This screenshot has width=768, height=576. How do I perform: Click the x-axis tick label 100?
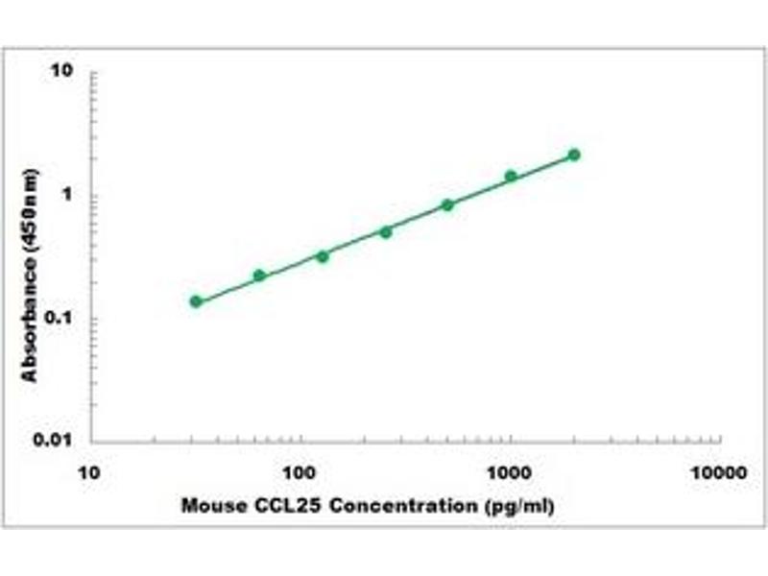tap(301, 473)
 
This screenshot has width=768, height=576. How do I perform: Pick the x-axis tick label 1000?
tap(511, 473)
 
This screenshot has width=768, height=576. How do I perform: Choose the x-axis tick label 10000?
tap(719, 473)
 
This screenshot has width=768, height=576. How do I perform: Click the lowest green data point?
tap(196, 301)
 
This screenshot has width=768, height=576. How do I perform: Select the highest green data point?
tap(574, 155)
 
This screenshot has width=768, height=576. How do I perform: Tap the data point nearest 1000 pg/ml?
tap(511, 176)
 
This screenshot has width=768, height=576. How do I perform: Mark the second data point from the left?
tap(259, 276)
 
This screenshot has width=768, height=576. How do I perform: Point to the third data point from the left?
tap(323, 256)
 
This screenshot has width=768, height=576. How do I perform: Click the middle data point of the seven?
tap(386, 231)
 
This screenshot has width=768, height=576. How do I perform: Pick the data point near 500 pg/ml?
tap(447, 204)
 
